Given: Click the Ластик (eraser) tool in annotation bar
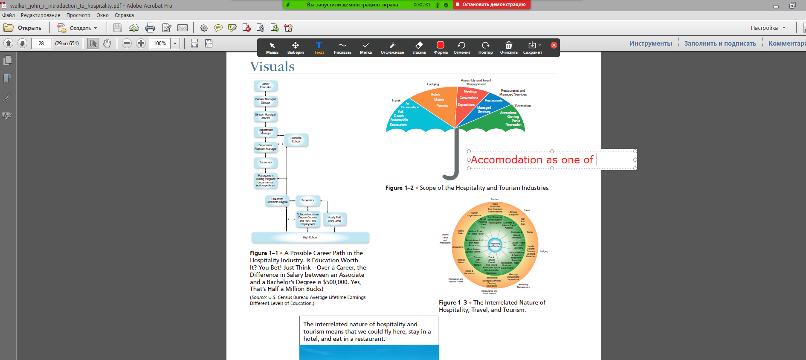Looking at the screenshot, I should pos(419,47).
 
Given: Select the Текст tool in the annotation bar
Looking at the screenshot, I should pos(319,47).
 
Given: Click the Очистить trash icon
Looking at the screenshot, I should pos(509,47).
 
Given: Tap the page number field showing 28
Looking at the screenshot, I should pos(41,44).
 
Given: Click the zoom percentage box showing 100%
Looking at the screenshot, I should pos(160,44).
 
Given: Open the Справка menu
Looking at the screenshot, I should pos(124,15).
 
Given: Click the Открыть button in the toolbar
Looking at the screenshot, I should pos(23,28).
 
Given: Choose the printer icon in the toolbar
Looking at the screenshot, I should pos(150,28).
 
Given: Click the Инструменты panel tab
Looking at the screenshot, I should pos(650,44).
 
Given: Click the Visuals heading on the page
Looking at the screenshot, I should pos(272,67).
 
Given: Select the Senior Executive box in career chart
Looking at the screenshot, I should pos(266,86).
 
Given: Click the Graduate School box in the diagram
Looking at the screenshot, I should pos(296,140).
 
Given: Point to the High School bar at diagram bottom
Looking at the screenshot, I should pos(310,238).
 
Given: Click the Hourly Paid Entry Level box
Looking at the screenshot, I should pos(334,219).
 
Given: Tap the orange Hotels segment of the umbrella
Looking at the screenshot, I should pos(436,95).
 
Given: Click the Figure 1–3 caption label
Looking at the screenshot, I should pos(452,302).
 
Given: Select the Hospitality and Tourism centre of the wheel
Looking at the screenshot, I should pos(495,245).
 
